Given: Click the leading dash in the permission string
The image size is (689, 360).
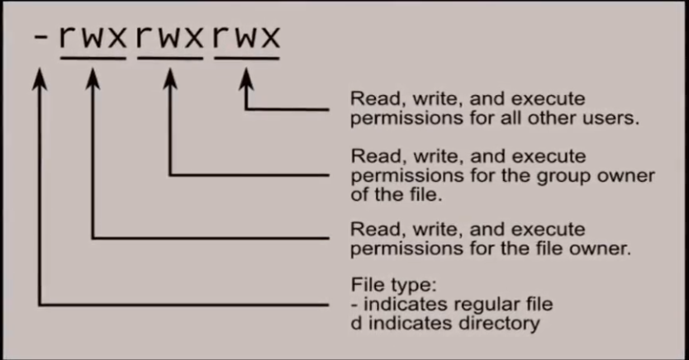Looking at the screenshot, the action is [40, 37].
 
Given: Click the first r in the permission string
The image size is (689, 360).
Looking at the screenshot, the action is [69, 36].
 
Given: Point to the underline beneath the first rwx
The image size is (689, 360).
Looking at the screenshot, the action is [93, 58].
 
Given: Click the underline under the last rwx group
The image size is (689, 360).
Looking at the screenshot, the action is [247, 58].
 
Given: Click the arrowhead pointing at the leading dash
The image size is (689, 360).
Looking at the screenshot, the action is [40, 79].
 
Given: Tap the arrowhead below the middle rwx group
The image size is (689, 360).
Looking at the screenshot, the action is [170, 79].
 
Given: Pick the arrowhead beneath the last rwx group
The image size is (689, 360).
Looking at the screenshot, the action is [246, 79].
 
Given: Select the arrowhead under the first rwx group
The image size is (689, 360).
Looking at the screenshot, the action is [93, 79].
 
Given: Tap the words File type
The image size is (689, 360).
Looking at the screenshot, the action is [394, 286].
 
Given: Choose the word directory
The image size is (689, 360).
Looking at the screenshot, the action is [499, 324].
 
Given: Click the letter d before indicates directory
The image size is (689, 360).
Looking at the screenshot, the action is [357, 323].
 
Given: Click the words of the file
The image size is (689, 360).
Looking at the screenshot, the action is [397, 195].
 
